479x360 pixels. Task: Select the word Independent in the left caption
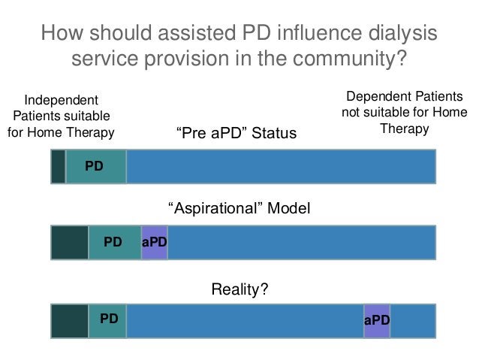62,100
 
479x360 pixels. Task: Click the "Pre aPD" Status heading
236,134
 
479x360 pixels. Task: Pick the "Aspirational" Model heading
236,207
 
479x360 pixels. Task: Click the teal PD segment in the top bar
95,166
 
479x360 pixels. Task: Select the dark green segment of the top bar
58,166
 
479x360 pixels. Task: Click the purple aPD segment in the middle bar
154,242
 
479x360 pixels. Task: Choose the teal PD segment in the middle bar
114,242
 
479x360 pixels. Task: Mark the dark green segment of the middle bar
69,242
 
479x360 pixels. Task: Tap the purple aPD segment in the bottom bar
376,321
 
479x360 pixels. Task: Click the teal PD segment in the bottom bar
107,321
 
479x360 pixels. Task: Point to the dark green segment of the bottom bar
69,321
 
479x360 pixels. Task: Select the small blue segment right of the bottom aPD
412,321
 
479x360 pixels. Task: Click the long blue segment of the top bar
280,166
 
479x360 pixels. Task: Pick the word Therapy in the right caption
404,129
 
